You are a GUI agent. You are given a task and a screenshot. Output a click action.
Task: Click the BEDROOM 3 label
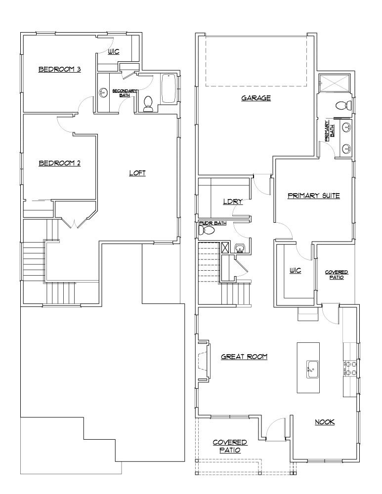pyautogui.click(x=60, y=70)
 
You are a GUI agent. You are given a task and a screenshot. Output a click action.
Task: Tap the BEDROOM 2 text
pyautogui.click(x=59, y=163)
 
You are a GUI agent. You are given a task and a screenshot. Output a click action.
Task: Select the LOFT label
pyautogui.click(x=137, y=173)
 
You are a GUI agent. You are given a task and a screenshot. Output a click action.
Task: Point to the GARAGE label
pyautogui.click(x=256, y=98)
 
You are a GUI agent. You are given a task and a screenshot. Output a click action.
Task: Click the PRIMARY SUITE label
pyautogui.click(x=313, y=196)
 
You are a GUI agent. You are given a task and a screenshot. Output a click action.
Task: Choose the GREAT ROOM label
pyautogui.click(x=244, y=356)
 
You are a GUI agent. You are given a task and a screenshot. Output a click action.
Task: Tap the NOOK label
pyautogui.click(x=325, y=422)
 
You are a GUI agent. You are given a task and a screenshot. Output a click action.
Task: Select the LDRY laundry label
pyautogui.click(x=231, y=202)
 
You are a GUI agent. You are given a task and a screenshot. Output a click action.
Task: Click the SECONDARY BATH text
pyautogui.click(x=121, y=93)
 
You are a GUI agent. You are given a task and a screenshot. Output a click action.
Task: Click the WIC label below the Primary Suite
pyautogui.click(x=295, y=271)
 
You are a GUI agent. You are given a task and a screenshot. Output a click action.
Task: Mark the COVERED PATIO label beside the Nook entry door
pyautogui.click(x=336, y=275)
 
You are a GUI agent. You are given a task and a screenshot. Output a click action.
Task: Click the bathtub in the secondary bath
pyautogui.click(x=169, y=88)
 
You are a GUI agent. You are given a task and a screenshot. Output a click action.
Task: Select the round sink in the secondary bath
pyautogui.click(x=104, y=92)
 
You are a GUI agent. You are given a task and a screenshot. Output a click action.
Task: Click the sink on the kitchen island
pyautogui.click(x=312, y=369)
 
